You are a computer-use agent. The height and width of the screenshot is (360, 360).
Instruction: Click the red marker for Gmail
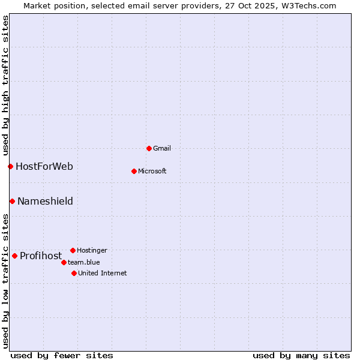coord(149,148)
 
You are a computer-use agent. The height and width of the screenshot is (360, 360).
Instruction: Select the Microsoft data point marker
coord(134,171)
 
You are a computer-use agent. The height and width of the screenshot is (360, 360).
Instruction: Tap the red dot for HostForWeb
coord(10,166)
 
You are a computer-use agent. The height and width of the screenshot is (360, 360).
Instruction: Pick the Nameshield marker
coord(12,201)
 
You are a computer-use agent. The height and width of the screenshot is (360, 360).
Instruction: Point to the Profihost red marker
coord(14,256)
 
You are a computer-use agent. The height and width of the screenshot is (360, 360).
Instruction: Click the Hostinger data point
coord(73,250)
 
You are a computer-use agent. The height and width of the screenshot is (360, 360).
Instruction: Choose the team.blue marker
coord(64,262)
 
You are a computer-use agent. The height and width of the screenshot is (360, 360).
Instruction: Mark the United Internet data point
coord(74,273)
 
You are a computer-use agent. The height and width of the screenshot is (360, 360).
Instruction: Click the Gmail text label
coord(162,148)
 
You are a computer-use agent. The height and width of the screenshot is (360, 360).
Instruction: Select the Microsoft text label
coord(152,171)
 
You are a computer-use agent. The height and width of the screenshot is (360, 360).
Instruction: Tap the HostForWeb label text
coord(44,166)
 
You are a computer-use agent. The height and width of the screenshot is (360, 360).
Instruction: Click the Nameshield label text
coord(45,201)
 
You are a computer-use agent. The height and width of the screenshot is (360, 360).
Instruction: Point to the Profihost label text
coord(41,256)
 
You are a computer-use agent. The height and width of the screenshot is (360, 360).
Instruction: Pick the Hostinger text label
coord(92,250)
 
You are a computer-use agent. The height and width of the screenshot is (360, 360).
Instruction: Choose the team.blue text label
coord(84,262)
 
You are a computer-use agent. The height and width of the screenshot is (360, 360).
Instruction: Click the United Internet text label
coord(102,273)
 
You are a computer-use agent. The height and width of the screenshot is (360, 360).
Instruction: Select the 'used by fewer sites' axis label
coord(62,355)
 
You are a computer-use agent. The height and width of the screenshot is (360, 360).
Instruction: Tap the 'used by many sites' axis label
coord(301,355)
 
